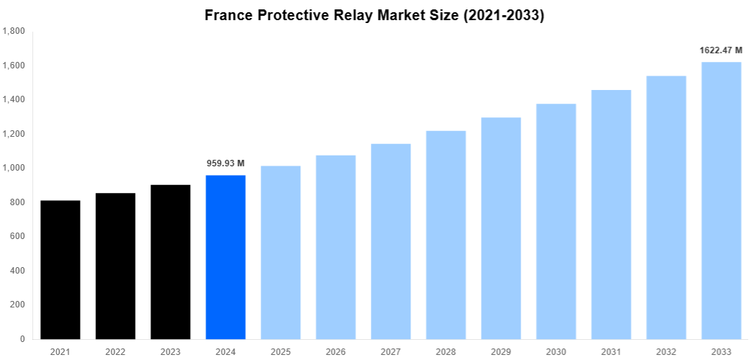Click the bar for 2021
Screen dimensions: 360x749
60,270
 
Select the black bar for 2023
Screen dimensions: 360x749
171,262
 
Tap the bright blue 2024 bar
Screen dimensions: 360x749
225,257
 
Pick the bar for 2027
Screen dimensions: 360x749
391,241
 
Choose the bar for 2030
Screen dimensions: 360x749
556,221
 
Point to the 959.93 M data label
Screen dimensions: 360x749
225,163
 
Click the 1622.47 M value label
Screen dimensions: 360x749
721,50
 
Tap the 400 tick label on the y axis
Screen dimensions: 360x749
18,271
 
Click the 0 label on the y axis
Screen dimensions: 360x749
22,339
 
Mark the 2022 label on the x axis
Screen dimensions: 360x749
115,351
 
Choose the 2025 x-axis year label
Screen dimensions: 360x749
281,351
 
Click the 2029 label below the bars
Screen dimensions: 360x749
501,351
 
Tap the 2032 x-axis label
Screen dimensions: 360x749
666,351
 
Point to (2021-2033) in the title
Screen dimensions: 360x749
501,15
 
